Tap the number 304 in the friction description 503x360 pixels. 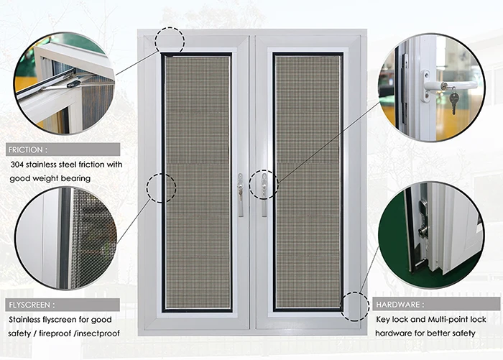(x=19, y=165)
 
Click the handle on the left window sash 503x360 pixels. (x=240, y=193)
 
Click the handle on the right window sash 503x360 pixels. (x=264, y=193)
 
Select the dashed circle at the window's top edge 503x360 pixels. (x=170, y=40)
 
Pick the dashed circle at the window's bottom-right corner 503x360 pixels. (x=355, y=306)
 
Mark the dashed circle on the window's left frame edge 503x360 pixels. (x=161, y=187)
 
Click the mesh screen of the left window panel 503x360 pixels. (x=198, y=180)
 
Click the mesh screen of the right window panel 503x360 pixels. (x=308, y=180)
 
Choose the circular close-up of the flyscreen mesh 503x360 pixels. (x=66, y=237)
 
